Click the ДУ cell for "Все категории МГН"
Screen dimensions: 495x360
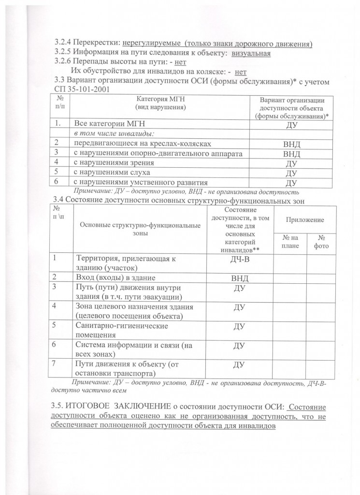[291, 125]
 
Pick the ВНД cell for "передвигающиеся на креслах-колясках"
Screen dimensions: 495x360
[291, 144]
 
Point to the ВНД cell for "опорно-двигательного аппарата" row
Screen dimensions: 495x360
[291, 154]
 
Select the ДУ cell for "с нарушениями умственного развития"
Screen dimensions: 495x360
[291, 183]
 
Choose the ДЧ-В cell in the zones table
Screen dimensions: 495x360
[240, 260]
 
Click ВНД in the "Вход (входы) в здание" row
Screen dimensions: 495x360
[240, 278]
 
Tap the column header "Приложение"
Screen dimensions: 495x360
[305, 219]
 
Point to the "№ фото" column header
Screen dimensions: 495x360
[321, 242]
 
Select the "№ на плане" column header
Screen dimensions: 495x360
[290, 242]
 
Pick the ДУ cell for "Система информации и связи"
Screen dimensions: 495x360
[240, 346]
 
